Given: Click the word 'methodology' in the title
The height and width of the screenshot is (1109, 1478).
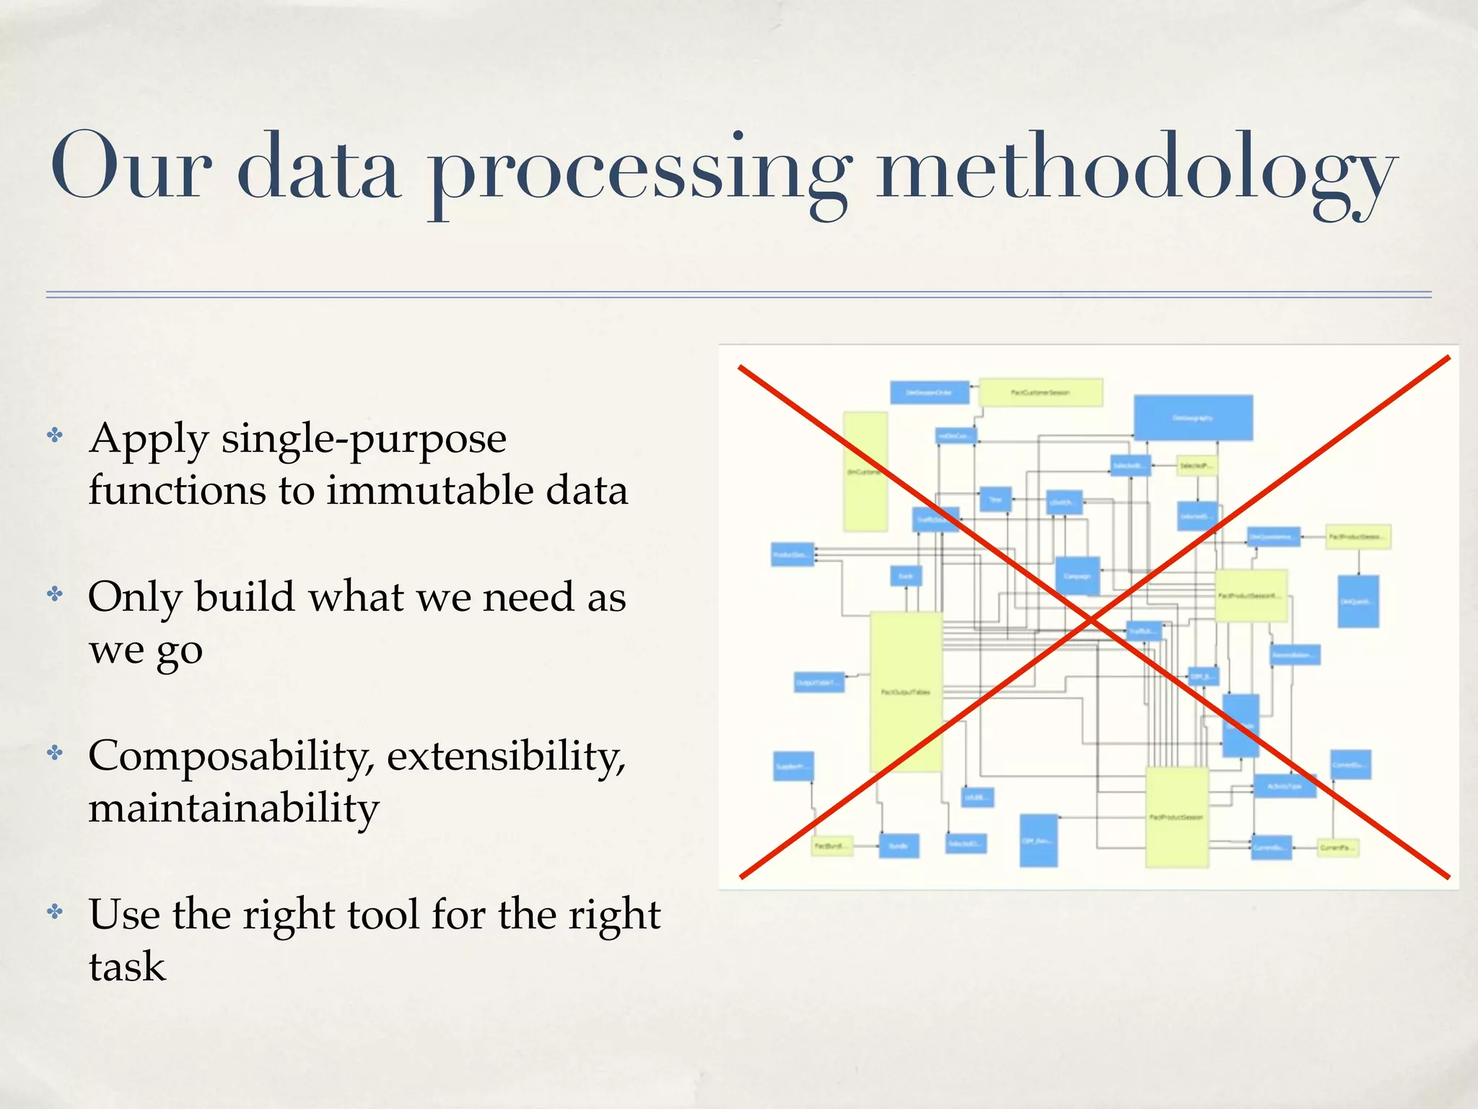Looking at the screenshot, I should [x=1136, y=170].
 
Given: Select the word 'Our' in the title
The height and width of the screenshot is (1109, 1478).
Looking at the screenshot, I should [x=130, y=168].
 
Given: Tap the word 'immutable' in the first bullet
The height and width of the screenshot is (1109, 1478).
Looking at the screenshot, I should [x=429, y=490].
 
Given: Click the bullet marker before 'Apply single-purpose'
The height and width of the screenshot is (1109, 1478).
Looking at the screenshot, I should [x=55, y=435].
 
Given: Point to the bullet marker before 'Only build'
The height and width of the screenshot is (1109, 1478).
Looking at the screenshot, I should [x=55, y=595].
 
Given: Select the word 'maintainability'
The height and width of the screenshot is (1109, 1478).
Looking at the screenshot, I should [x=233, y=809].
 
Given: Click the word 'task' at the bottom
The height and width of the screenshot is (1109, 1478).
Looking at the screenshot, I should [x=127, y=967].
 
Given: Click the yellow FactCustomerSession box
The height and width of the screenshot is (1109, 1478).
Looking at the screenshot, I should [x=1040, y=393].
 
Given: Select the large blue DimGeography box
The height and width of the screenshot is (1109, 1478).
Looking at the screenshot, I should [x=1193, y=417].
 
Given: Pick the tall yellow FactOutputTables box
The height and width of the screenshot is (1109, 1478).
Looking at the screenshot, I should [x=906, y=692].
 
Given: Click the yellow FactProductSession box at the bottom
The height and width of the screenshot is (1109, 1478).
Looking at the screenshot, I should [x=1176, y=817].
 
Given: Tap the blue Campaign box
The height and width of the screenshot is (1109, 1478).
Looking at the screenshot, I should [x=1077, y=575].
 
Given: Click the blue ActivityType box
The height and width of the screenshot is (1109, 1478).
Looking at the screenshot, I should [x=1285, y=786].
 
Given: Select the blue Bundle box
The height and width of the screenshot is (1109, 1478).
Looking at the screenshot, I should [x=898, y=845].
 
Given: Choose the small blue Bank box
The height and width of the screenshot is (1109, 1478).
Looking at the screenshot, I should [x=905, y=576].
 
